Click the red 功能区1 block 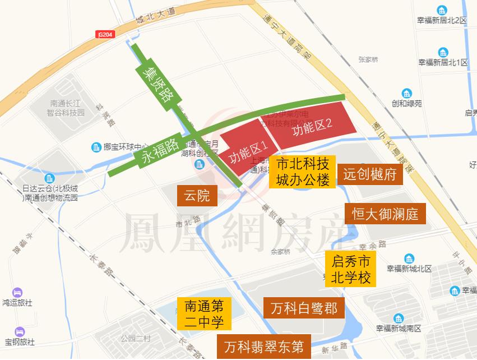click(245, 150)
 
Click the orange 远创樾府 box click(370, 175)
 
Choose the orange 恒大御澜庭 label click(385, 214)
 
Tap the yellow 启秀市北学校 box click(351, 269)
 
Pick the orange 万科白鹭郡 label click(304, 308)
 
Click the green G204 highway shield click(105, 34)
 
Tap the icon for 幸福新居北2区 click(442, 10)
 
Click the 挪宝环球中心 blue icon click(95, 147)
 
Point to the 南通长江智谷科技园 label click(66, 108)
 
